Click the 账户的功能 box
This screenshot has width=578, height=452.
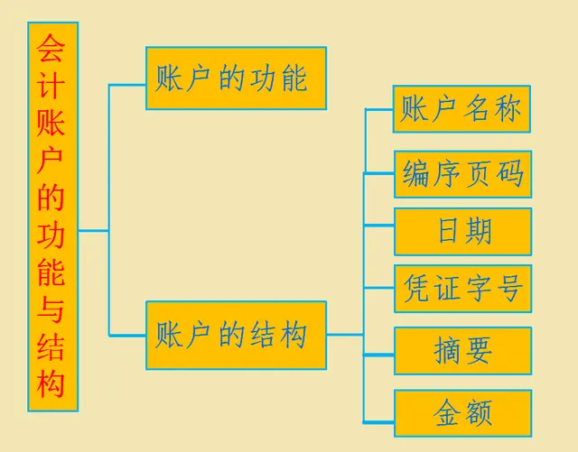pos(236,78)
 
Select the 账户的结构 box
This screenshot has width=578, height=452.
pos(236,336)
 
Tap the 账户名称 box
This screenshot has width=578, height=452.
pos(461,110)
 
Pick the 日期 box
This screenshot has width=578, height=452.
pos(462,232)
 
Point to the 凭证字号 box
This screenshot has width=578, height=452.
pos(462,290)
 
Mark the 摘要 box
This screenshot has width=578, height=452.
pos(462,351)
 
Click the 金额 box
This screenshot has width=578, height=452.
pos(462,414)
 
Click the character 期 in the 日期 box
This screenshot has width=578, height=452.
pos(479,232)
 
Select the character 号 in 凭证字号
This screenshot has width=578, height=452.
pos(508,290)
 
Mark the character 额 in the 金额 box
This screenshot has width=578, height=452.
pos(479,414)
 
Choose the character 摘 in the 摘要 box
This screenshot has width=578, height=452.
pos(447,351)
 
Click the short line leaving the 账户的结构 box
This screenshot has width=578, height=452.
pos(345,336)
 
